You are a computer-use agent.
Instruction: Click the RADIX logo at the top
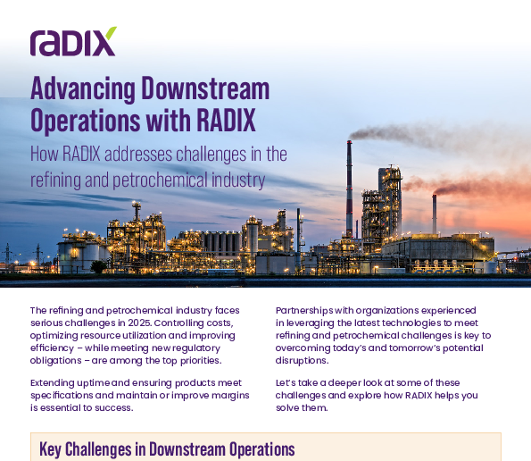coord(73,41)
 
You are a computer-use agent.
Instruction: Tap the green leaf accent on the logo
coord(111,33)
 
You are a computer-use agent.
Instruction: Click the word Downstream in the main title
coord(205,88)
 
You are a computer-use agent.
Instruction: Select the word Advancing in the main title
coord(83,89)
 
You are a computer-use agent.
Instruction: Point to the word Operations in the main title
coord(85,121)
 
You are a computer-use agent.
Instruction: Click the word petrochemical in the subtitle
coord(160,180)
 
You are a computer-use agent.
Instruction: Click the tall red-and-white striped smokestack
coord(349,189)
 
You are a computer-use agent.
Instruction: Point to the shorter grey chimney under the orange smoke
coord(434,214)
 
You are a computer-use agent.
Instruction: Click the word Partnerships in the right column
coord(304,311)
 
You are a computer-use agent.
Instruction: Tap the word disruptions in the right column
coord(302,360)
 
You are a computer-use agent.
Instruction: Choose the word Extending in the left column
coord(53,383)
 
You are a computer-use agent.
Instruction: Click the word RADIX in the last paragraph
coord(419,396)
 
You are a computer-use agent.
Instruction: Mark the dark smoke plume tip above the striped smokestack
coord(353,136)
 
